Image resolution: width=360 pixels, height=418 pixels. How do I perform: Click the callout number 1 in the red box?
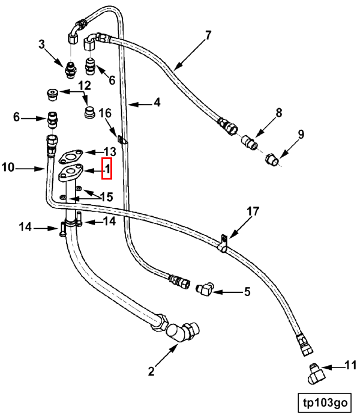point(107,169)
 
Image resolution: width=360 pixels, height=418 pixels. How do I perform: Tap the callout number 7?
point(208,35)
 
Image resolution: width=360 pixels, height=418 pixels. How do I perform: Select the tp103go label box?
point(325,402)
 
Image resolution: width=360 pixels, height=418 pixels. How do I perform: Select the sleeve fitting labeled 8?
point(250,142)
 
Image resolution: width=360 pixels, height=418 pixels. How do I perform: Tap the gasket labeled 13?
point(71,157)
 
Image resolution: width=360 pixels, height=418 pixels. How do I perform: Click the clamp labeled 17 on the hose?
point(222,244)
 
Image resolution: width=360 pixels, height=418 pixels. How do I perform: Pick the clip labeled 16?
point(122,140)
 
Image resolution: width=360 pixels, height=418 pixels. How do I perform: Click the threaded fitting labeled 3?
point(70,70)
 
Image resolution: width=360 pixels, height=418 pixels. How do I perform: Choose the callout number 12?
point(85,86)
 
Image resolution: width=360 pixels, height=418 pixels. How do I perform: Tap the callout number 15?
point(106,197)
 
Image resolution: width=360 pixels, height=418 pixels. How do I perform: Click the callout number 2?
point(151,371)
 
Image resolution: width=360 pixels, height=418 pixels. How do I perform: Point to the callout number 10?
point(8,168)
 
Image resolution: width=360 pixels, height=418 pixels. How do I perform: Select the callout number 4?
point(157,103)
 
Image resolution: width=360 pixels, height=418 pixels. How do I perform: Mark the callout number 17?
point(253,211)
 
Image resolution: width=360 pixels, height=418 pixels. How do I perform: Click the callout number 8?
point(279,113)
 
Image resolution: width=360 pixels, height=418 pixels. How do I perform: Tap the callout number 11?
point(350,365)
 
